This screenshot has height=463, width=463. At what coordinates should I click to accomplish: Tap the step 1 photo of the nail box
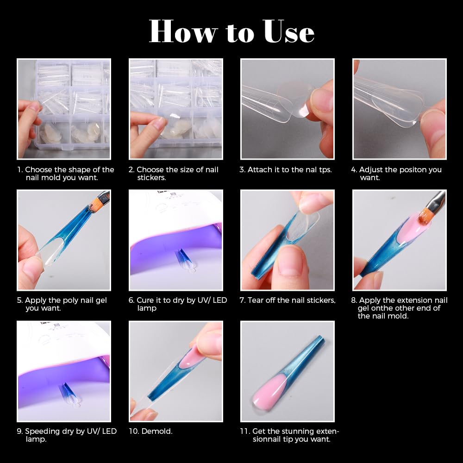click(x=64, y=109)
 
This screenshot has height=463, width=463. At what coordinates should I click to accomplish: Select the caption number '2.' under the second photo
click(x=131, y=170)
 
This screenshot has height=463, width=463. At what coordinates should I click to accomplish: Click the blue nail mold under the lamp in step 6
click(x=181, y=257)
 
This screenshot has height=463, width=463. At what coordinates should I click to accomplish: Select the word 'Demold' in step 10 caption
click(x=156, y=432)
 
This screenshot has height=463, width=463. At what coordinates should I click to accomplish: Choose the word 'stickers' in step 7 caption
click(x=320, y=300)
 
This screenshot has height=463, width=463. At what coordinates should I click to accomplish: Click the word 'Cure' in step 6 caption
click(x=145, y=300)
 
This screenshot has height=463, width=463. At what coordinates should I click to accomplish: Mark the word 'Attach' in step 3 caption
click(x=259, y=170)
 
